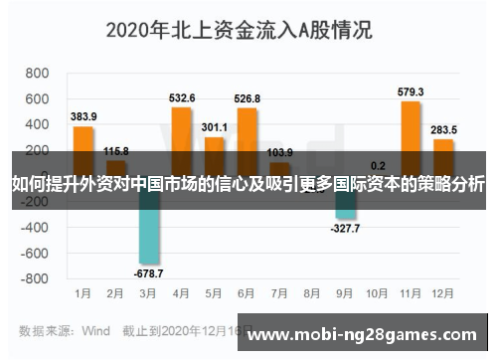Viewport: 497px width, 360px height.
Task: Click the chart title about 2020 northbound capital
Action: [x=239, y=30]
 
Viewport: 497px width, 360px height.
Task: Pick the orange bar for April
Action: [x=182, y=128]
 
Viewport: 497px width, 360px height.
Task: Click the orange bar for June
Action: [x=247, y=128]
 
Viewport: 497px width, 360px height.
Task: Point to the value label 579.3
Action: [x=411, y=92]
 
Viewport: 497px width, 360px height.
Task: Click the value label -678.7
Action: [x=149, y=272]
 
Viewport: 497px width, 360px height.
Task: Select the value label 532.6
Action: [x=182, y=98]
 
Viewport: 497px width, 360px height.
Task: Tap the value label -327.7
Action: [x=346, y=228]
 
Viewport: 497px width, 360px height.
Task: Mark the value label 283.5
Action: [x=444, y=130]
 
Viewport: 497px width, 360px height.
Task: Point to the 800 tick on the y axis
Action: [x=37, y=74]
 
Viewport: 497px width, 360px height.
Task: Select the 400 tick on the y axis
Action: [x=37, y=124]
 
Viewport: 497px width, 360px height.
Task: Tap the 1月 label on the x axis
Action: [x=84, y=294]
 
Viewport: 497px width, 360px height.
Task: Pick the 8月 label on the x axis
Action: [x=312, y=294]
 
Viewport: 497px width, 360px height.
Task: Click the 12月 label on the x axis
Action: [x=444, y=294]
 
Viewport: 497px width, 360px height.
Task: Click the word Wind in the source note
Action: [x=95, y=329]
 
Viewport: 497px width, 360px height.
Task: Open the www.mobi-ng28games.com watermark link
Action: [x=362, y=335]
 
